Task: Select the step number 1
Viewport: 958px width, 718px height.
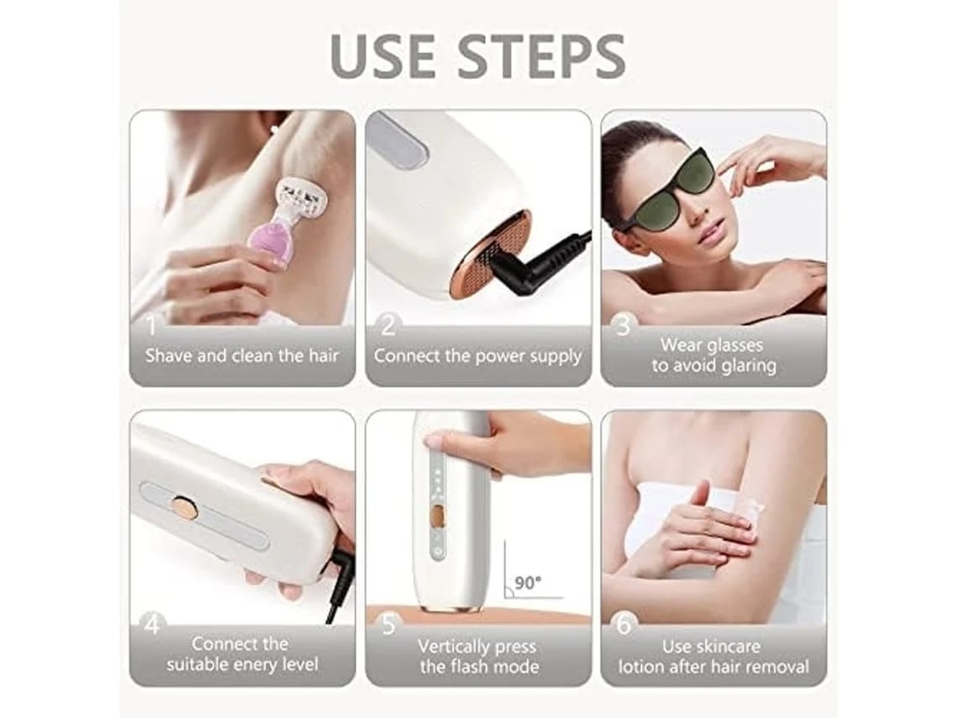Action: tap(150, 326)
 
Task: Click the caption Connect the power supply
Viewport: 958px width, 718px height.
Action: tap(478, 356)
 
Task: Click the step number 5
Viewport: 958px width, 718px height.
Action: tap(388, 626)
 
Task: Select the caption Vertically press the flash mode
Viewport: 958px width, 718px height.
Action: tap(478, 656)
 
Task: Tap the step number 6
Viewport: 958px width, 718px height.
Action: tap(624, 626)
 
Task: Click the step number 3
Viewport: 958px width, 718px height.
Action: tap(623, 327)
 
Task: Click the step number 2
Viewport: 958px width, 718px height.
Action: tap(388, 327)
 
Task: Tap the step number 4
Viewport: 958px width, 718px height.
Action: tap(152, 626)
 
